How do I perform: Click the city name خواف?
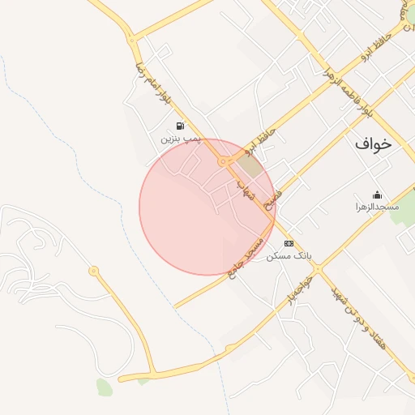pos(373,144)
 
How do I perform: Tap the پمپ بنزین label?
pos(179,139)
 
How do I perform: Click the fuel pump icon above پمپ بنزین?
pos(179,126)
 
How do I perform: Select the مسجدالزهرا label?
pos(377,207)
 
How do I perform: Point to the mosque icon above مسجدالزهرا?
pos(377,195)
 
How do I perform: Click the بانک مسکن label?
pos(289,255)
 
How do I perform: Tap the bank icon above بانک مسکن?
pos(289,243)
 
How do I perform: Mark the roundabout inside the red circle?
pos(222,162)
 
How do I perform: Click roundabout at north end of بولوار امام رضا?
pos(131,38)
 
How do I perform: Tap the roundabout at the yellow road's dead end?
pos(94,270)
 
